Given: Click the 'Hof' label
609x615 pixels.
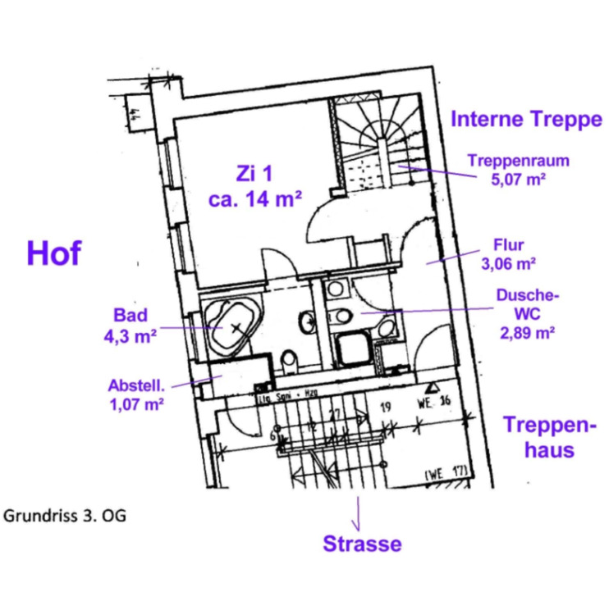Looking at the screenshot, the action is (54, 253).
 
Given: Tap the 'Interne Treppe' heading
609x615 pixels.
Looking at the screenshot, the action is (525, 120).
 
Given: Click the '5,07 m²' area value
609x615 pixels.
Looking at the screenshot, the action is (507, 178).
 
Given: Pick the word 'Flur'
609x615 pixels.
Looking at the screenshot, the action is (508, 244).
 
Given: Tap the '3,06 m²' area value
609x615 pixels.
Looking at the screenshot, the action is (508, 264).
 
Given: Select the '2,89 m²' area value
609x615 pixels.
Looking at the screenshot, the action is (528, 333).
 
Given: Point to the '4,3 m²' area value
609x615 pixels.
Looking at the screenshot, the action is (130, 335).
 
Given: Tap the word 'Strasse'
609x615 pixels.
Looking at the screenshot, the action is (362, 544).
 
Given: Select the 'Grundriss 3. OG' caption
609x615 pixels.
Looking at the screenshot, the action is (65, 517).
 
